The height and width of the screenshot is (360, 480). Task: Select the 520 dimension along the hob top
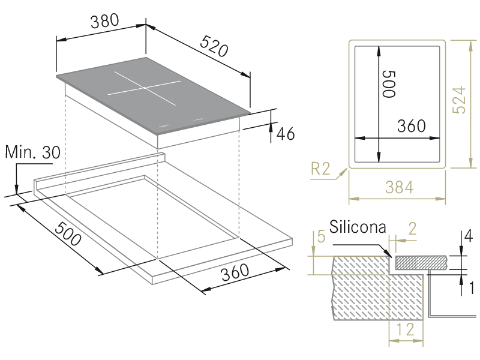214,46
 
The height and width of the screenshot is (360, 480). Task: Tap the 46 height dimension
286,133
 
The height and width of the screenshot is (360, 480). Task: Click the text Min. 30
33,152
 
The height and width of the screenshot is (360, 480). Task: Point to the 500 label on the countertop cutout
68,233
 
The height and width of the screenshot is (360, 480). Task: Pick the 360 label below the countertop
235,272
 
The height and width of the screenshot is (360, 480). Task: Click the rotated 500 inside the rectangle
389,84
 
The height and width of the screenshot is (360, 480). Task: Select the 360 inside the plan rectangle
412,126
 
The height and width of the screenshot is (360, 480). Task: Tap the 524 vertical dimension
459,100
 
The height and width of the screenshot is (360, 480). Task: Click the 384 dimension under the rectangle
400,187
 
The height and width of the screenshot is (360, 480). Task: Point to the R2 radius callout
321,169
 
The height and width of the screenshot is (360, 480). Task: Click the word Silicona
358,227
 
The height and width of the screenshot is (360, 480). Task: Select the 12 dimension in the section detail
406,329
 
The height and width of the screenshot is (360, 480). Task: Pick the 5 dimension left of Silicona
321,236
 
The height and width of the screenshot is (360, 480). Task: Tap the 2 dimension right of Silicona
412,229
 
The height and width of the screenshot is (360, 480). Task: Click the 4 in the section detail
469,236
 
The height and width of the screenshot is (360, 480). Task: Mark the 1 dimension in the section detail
472,288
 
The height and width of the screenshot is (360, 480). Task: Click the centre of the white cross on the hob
144,88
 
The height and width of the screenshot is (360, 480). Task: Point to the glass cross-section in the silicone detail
422,263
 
